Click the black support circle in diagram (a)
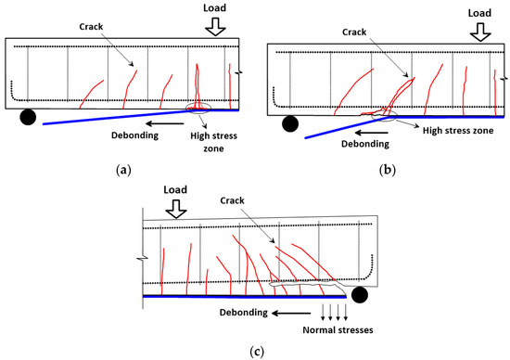[29, 118]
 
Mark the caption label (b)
[387, 170]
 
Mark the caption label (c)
[254, 351]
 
